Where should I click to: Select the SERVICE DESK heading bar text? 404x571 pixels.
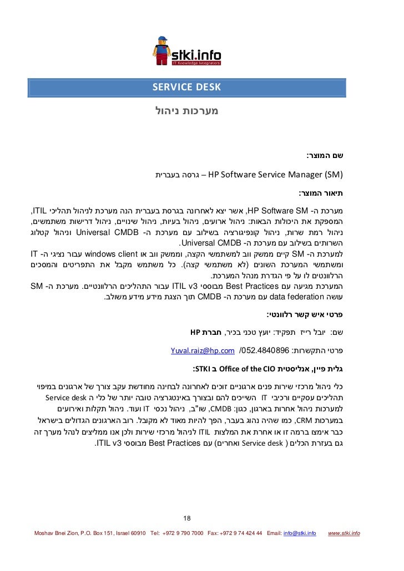186,87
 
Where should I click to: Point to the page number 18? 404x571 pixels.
186,518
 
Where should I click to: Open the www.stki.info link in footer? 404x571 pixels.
344,533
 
